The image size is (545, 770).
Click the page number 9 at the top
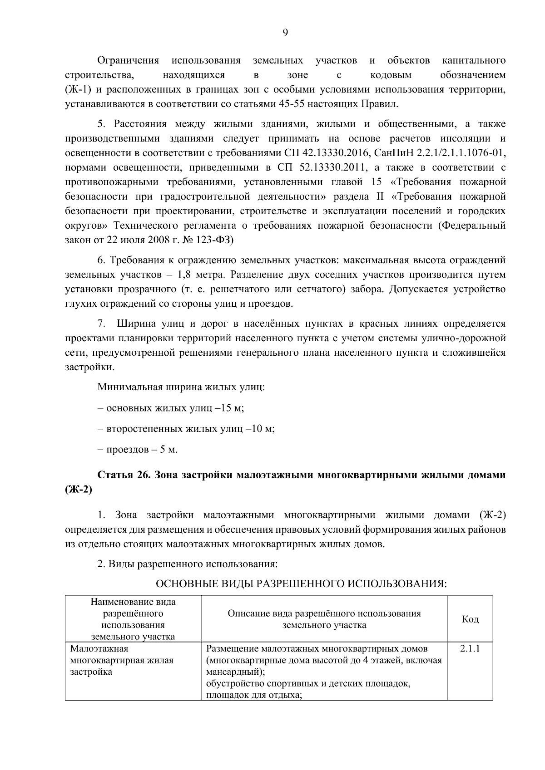pos(285,32)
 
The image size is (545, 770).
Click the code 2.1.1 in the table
pos(470,648)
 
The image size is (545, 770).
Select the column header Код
pos(470,619)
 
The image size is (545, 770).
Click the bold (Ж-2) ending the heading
pos(79,490)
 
